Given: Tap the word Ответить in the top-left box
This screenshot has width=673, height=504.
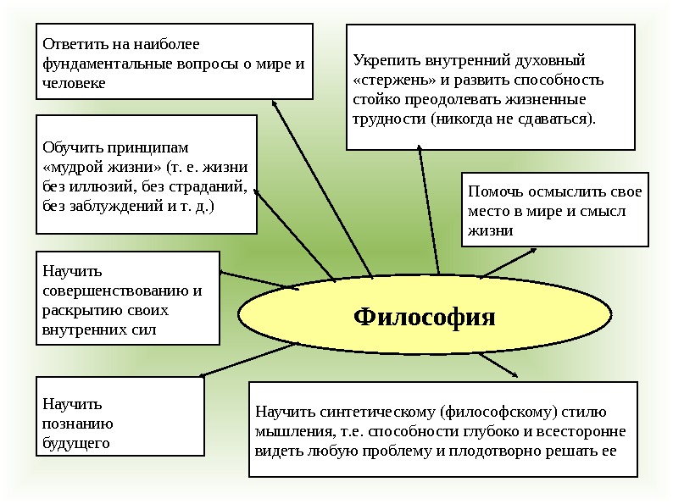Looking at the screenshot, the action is (70, 42).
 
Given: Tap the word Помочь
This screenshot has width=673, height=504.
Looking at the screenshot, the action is (494, 191).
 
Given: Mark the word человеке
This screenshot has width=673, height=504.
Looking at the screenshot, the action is (74, 84).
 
